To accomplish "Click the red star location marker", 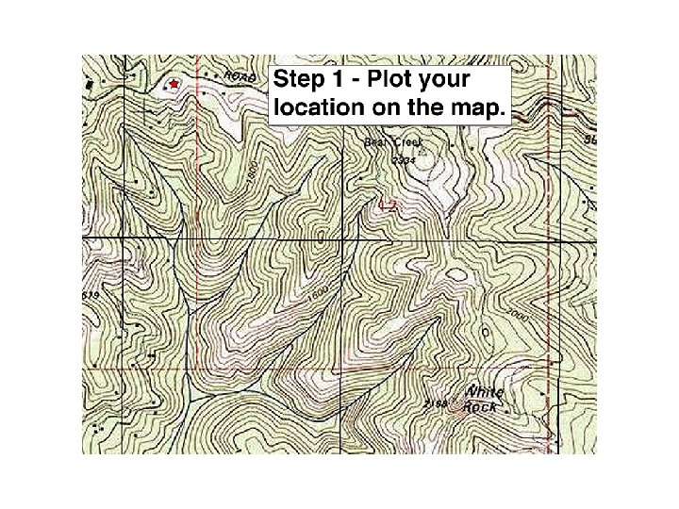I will tap(174, 85).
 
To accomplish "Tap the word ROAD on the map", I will tap(240, 77).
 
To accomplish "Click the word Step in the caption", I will tap(298, 79).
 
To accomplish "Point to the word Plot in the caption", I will tap(400, 79).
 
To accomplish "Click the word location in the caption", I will tap(318, 107).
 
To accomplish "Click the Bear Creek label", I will tap(395, 141).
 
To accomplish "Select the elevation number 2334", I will tap(405, 160).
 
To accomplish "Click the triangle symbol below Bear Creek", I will tap(423, 148).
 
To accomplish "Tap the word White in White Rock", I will tap(485, 392).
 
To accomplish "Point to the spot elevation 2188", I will tap(435, 403).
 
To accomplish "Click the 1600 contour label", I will tap(319, 294).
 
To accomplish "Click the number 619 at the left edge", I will tap(91, 295).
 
